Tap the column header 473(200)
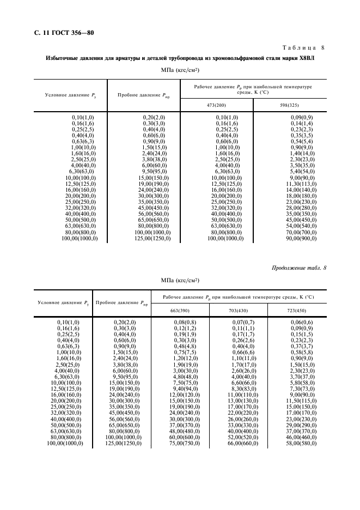pyautogui.click(x=216, y=105)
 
